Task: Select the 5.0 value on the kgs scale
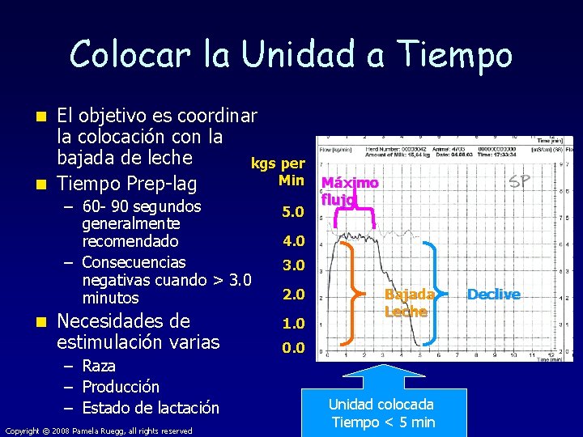click(x=293, y=212)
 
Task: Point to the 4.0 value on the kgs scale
click(x=293, y=240)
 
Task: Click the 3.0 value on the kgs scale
click(x=293, y=265)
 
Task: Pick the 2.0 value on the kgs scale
click(x=293, y=295)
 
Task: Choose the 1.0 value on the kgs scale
click(x=293, y=324)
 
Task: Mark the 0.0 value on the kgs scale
click(x=293, y=349)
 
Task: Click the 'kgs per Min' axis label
click(x=279, y=172)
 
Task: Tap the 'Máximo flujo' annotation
click(x=350, y=191)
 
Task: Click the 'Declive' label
click(x=493, y=295)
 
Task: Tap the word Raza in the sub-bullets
click(x=100, y=367)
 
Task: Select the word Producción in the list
click(x=121, y=387)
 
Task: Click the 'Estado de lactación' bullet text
click(x=151, y=408)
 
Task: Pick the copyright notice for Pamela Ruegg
click(x=99, y=431)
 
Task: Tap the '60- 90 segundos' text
click(x=142, y=206)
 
